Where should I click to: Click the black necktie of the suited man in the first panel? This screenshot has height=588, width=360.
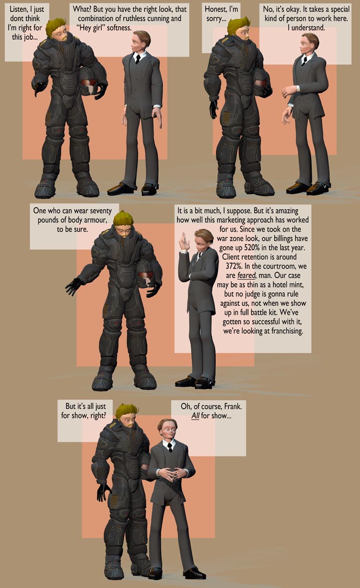click(137, 58)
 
